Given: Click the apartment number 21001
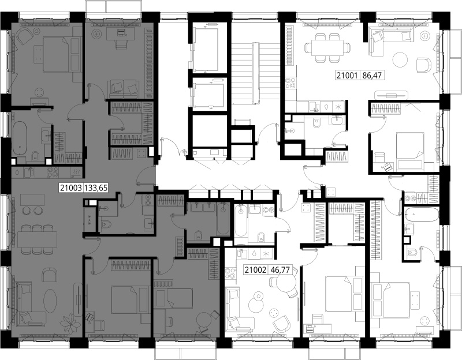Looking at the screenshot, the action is coord(347,76).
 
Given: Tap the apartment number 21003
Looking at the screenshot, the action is coord(70,187).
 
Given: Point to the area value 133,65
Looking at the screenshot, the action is coord(96,187).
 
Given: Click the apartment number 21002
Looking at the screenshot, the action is coord(255,269).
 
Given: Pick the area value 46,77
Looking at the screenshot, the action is coord(280,269).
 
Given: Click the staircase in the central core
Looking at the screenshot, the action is coord(255,73).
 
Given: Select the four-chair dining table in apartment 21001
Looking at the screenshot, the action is coord(327,47).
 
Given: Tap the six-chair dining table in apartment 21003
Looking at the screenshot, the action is coord(37,239).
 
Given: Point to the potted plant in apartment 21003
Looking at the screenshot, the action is coord(70,322).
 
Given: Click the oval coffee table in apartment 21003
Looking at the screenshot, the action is coord(50,301).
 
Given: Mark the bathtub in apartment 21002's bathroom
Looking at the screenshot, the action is coord(240,221).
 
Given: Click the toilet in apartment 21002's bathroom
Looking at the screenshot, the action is coord(261,237).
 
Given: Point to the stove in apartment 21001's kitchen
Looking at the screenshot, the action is coord(290,82).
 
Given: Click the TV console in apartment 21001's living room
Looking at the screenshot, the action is coord(392,95).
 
